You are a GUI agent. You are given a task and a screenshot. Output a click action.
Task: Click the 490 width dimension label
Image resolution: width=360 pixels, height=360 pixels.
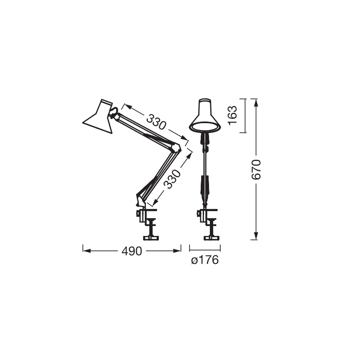[131, 251]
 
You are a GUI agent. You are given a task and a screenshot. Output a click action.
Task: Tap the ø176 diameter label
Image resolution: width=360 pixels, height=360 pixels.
[204, 261]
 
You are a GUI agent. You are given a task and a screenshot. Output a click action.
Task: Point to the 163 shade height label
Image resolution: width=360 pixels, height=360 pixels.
[233, 116]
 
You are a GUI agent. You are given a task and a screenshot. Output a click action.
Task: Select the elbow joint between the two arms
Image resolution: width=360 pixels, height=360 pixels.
[178, 147]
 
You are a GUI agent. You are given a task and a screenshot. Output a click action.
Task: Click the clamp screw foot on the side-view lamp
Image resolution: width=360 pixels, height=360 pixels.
[151, 237]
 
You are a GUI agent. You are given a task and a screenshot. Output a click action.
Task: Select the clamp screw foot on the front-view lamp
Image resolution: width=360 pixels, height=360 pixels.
[211, 237]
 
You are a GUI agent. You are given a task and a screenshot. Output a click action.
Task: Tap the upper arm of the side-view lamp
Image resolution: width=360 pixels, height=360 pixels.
[145, 130]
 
